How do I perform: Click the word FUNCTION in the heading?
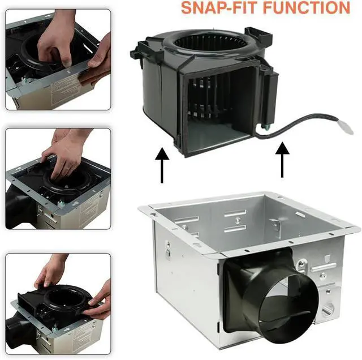click(x=307, y=7)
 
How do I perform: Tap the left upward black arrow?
click(x=162, y=165)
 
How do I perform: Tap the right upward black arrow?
click(x=282, y=160)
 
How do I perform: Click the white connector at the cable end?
click(x=346, y=127)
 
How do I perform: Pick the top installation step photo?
click(x=58, y=59)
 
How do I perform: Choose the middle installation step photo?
click(x=58, y=179)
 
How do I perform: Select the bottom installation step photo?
click(x=58, y=304)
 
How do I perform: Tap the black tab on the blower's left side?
click(x=137, y=54)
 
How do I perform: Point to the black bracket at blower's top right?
click(x=258, y=35)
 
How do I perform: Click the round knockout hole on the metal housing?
click(x=328, y=310)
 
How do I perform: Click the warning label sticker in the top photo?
click(x=64, y=88)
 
